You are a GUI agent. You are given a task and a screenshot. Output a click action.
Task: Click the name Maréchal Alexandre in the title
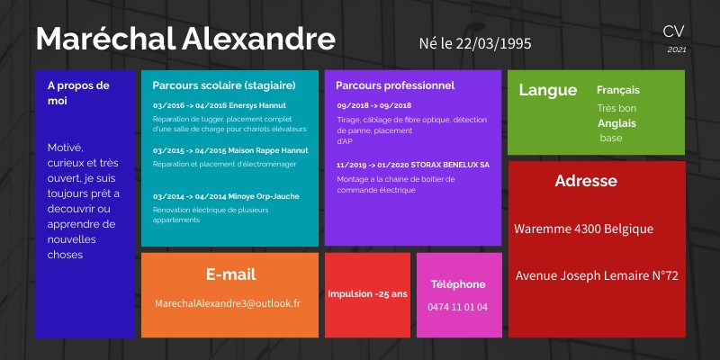tap(185, 40)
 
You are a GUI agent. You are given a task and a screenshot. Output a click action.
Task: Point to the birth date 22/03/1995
tap(478, 42)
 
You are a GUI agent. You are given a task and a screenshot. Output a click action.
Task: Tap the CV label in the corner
tap(673, 31)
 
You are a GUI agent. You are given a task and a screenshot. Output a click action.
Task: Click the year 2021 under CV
tap(677, 49)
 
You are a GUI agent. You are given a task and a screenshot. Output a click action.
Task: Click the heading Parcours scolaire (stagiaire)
tap(224, 85)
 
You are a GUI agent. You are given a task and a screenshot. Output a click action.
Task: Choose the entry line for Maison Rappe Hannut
tap(230, 150)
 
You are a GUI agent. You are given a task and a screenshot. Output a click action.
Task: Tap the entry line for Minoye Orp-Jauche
tap(226, 195)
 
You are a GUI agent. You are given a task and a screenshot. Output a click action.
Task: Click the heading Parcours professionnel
tap(395, 85)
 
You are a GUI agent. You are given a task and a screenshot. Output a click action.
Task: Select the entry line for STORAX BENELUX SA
tap(413, 166)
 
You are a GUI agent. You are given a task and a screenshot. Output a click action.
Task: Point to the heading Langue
tap(548, 90)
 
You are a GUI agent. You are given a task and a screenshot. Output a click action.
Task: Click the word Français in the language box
tap(618, 90)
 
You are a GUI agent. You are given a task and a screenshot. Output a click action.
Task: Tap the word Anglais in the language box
tap(616, 123)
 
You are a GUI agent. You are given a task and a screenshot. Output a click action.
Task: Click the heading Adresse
tap(586, 181)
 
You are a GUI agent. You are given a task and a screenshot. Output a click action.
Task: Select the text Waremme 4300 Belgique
tap(583, 229)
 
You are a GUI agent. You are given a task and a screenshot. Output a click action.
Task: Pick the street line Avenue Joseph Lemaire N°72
tap(597, 275)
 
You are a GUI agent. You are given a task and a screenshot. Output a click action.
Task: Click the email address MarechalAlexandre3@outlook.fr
tap(228, 303)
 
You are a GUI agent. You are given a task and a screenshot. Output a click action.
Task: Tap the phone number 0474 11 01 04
tap(458, 307)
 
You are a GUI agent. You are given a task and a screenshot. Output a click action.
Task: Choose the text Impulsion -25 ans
tap(367, 294)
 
